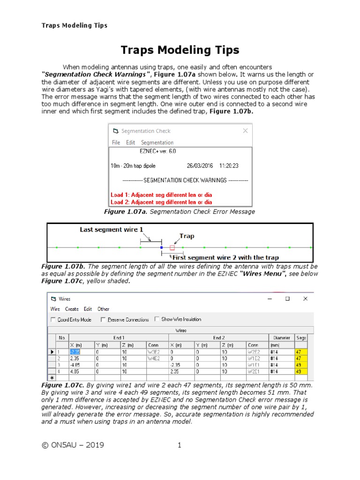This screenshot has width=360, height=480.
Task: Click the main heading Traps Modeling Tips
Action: click(180, 50)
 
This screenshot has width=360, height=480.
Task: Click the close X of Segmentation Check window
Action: click(245, 131)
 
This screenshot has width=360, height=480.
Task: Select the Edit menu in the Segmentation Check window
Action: click(130, 142)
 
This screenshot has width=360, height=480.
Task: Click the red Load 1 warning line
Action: click(161, 195)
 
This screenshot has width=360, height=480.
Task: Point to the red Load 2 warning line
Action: click(161, 202)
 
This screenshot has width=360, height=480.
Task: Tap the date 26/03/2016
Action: click(200, 165)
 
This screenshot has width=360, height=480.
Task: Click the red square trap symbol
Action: click(172, 247)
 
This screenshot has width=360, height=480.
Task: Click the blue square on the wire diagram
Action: click(161, 247)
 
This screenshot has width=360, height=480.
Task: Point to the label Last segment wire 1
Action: click(111, 230)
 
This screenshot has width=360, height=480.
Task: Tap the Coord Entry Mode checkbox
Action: click(53, 320)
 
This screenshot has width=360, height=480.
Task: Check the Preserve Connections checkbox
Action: click(103, 320)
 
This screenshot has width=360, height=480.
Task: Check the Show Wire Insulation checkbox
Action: click(157, 320)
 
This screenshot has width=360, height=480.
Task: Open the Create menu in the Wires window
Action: click(72, 309)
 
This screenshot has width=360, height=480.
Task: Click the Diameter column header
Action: click(282, 337)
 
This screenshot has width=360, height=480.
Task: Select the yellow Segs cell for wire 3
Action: click(300, 365)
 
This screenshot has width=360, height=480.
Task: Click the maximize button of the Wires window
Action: click(288, 299)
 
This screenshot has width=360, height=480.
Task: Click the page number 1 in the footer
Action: click(180, 445)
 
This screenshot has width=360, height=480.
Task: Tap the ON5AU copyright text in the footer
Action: click(73, 445)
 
